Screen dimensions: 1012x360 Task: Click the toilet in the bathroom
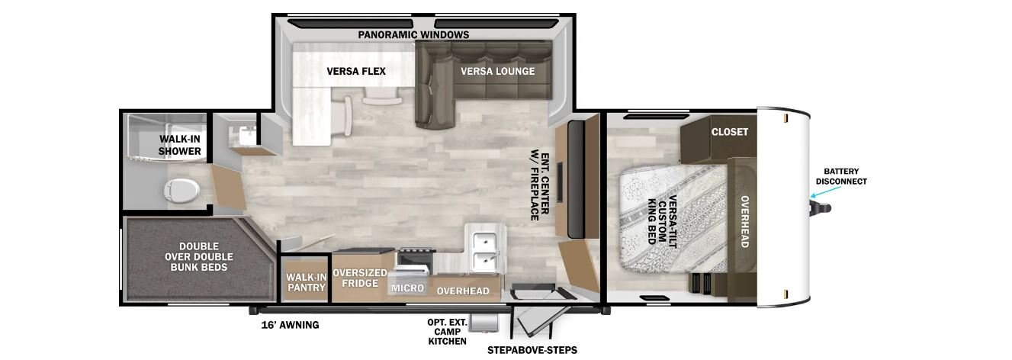[x=182, y=190]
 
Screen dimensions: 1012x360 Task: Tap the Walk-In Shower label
[x=179, y=145]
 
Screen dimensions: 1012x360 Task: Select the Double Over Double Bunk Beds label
[x=199, y=256]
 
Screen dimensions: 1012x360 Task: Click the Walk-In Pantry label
[x=307, y=282]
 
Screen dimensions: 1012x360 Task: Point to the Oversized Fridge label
[x=360, y=278]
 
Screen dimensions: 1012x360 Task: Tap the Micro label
[x=407, y=288]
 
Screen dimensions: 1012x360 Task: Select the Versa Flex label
[x=356, y=72]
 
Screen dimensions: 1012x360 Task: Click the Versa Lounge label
[x=497, y=72]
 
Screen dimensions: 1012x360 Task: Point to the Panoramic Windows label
[x=413, y=35]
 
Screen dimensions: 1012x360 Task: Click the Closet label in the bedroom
[x=730, y=132]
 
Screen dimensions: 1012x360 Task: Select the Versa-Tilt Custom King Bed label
[x=662, y=221]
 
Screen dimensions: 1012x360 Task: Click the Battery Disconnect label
[x=840, y=176]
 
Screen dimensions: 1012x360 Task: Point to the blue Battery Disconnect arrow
[x=826, y=192]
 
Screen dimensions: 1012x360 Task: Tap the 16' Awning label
[x=290, y=325]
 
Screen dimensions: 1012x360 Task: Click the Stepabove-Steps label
[x=532, y=350]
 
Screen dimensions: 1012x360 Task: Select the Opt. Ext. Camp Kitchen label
[x=447, y=332]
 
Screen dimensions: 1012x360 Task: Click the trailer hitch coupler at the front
[x=820, y=209]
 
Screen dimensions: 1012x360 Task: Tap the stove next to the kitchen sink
[x=415, y=261]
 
